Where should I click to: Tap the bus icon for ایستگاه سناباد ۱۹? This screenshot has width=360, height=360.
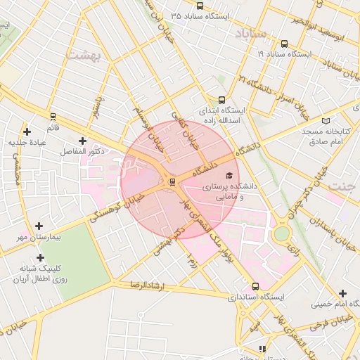(283, 44)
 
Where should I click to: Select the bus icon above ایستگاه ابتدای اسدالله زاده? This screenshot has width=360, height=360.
(222, 100)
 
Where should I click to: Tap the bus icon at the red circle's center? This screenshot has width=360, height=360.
(173, 182)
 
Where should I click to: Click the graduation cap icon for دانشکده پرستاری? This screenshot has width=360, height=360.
(229, 176)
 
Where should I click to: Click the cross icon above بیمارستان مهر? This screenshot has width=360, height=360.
(39, 226)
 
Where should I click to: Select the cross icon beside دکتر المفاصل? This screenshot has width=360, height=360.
(83, 141)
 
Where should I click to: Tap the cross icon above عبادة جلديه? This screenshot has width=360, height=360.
(27, 131)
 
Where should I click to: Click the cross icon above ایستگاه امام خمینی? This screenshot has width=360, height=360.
(342, 293)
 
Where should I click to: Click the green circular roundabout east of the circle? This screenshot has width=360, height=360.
(282, 233)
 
